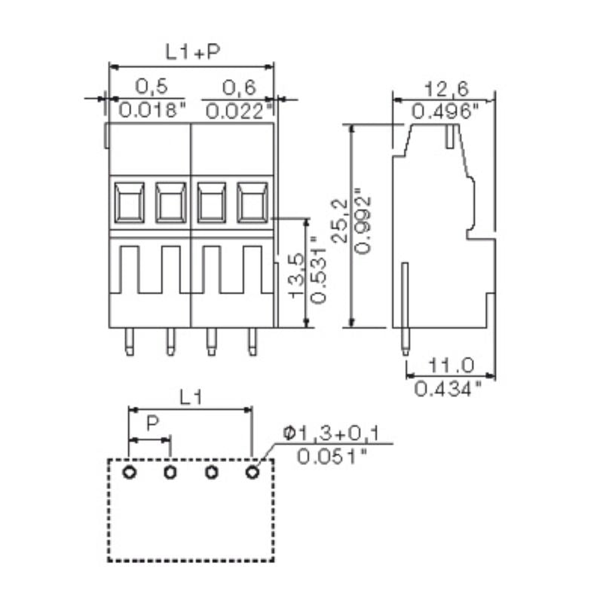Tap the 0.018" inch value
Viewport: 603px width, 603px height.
coord(152,111)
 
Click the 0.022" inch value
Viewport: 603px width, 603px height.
coord(239,111)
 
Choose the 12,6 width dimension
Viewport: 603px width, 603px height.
coord(444,90)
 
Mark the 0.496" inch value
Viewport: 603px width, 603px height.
coord(445,112)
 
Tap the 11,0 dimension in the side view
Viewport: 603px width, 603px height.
coord(450,366)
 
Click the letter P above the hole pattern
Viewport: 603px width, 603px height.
coord(152,424)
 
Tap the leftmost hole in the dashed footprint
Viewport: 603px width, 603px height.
coord(130,473)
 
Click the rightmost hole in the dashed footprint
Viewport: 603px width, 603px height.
coord(252,473)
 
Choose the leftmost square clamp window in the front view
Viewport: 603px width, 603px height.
coord(130,202)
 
